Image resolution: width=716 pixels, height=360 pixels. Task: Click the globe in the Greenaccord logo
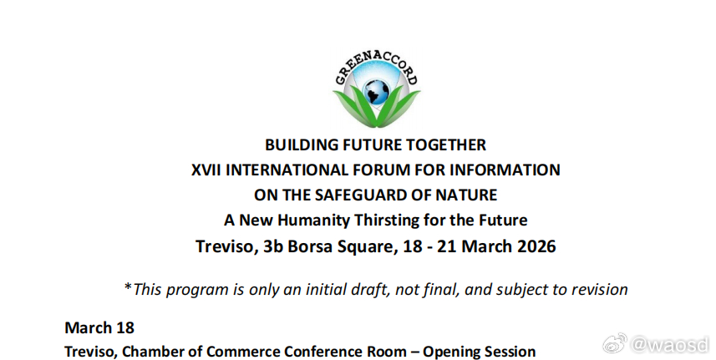[x=377, y=91]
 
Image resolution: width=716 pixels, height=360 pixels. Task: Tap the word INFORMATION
[x=505, y=170]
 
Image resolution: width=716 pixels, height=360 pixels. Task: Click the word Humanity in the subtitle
[x=314, y=221]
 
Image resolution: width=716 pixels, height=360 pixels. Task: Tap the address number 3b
[x=273, y=246]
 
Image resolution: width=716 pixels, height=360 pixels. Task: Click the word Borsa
[x=310, y=246]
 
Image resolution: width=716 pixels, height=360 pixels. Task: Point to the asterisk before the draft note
[x=128, y=287]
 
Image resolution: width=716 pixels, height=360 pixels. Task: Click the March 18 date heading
[x=99, y=327]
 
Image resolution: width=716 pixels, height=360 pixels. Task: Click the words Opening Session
[x=479, y=352]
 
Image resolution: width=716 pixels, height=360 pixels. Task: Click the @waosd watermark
[x=657, y=344]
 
